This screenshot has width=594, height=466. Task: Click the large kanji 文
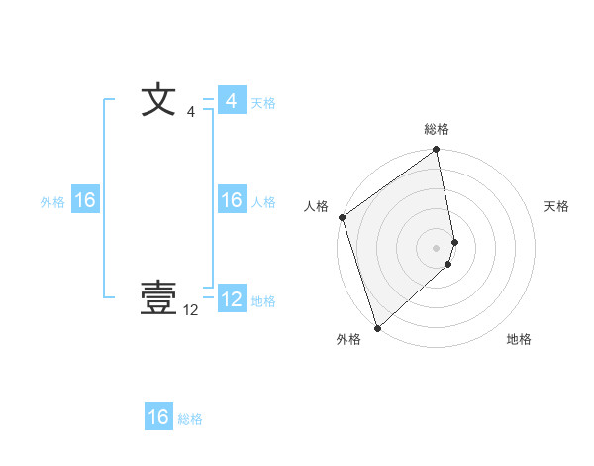[158, 101]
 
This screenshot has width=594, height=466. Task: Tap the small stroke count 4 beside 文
[191, 113]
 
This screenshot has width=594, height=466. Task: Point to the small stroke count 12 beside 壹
[191, 310]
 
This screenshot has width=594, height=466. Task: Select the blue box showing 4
[231, 101]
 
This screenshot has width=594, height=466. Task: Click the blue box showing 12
[231, 299]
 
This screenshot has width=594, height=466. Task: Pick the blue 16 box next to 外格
[85, 200]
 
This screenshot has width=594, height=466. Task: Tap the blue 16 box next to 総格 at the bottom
[158, 417]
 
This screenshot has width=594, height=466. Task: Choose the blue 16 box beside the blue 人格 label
[231, 200]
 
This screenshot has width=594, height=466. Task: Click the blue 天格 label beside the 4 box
[263, 103]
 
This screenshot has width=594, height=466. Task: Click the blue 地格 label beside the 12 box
[263, 301]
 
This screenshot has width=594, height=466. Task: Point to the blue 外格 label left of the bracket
[52, 202]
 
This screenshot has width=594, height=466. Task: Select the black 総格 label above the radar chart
[437, 129]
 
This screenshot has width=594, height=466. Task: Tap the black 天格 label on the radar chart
[557, 206]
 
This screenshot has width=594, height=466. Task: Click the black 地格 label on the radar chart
[519, 339]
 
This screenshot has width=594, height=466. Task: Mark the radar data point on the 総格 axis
[437, 151]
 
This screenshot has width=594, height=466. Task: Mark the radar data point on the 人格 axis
[342, 217]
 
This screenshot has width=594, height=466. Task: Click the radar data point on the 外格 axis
[377, 328]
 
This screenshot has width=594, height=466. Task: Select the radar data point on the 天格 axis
[455, 242]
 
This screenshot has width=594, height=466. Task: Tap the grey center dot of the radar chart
[437, 248]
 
